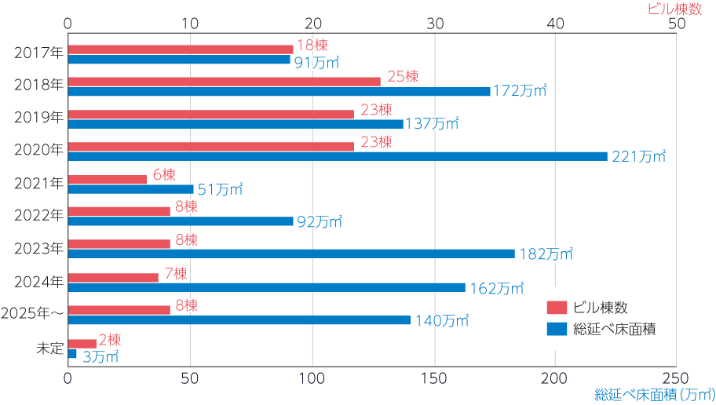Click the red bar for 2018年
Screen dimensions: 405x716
click(224, 81)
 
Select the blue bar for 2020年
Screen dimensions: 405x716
click(338, 156)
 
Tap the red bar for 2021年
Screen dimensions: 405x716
click(108, 179)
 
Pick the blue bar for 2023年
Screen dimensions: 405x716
click(291, 254)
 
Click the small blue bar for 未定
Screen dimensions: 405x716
click(72, 354)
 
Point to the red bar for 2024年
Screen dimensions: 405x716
click(113, 277)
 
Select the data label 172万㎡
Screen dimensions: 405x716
click(519, 91)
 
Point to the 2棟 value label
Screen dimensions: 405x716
click(110, 340)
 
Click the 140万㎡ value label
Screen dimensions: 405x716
click(441, 320)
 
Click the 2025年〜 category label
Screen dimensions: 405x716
click(32, 313)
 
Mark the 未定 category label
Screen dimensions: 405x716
click(49, 348)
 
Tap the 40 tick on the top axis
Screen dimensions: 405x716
click(555, 24)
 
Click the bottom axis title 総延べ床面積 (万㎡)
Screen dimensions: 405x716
click(655, 394)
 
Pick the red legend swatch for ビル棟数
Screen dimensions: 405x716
click(557, 307)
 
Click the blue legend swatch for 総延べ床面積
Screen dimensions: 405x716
click(557, 329)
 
